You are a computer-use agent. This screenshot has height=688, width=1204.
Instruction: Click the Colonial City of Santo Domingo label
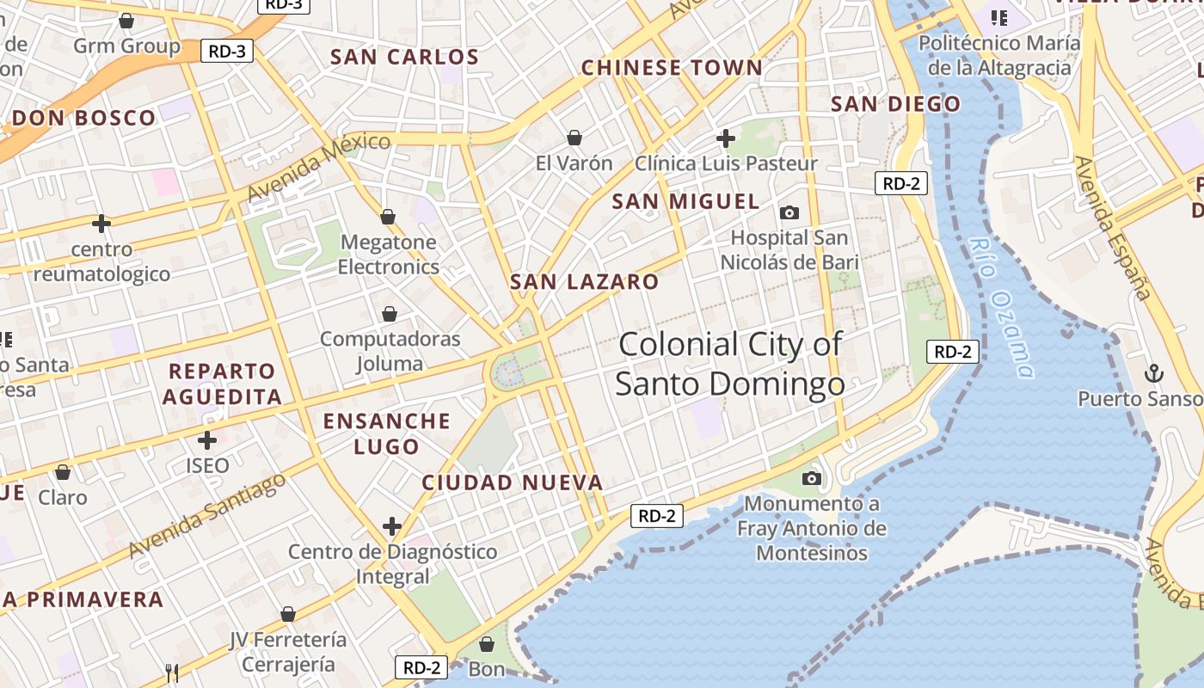(730, 364)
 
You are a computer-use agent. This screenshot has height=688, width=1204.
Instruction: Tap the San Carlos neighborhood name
(404, 58)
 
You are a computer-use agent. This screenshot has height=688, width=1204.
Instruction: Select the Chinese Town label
(672, 68)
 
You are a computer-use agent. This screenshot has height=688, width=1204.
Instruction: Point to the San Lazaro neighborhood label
(584, 282)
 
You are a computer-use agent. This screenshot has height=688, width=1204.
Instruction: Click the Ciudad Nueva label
(513, 482)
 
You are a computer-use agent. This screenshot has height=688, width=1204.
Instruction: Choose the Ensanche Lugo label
(386, 433)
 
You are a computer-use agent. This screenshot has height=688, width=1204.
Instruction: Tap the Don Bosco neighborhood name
(84, 119)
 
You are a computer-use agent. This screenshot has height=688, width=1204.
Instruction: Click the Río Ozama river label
(1000, 308)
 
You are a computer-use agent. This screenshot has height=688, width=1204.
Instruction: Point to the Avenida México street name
(318, 167)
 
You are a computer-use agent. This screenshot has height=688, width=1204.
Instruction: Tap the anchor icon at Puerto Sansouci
(1153, 373)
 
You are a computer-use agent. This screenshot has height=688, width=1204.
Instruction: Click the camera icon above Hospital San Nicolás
(789, 212)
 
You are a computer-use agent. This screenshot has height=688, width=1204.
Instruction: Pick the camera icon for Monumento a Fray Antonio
(811, 478)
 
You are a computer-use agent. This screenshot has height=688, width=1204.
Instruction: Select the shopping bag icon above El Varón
(574, 138)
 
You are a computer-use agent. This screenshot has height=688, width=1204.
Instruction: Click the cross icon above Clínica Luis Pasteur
(726, 138)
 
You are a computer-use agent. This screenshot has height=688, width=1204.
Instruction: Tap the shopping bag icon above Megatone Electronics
(388, 217)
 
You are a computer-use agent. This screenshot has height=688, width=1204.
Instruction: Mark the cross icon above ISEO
(207, 440)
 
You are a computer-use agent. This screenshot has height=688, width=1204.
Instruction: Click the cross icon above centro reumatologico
(101, 224)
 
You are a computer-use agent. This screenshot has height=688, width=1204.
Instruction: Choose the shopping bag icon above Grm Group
(126, 20)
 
